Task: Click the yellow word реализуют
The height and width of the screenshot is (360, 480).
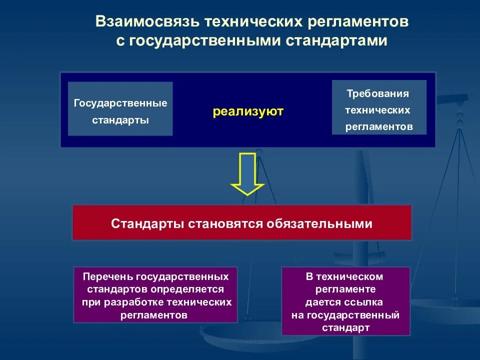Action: [248, 111]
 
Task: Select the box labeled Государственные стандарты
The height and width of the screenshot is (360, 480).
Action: [120, 109]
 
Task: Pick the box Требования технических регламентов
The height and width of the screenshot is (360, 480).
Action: [379, 107]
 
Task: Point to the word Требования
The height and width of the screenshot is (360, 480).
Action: [379, 93]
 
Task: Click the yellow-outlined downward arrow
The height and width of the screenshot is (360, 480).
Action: [247, 173]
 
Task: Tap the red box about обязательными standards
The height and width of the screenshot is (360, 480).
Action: [242, 223]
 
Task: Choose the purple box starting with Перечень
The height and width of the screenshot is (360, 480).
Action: [155, 295]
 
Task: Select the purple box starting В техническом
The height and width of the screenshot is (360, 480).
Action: [345, 301]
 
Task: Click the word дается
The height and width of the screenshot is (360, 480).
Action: [322, 302]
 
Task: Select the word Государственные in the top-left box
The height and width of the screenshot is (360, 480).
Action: [120, 103]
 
